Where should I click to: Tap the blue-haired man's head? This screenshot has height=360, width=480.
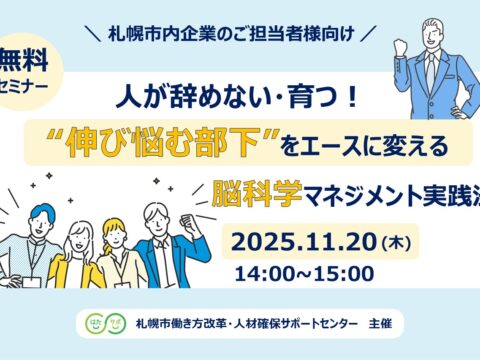42,218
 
